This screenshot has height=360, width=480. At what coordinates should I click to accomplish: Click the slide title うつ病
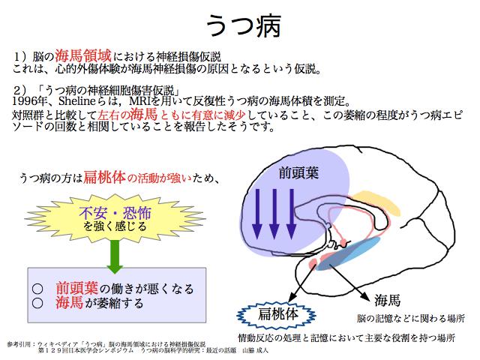click(244, 25)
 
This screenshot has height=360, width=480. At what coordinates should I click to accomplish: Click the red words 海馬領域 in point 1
click(83, 55)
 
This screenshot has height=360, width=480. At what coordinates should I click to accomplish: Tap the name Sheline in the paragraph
click(77, 100)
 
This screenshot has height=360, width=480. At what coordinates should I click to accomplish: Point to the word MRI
click(140, 100)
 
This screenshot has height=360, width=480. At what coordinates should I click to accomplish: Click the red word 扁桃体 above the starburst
click(105, 177)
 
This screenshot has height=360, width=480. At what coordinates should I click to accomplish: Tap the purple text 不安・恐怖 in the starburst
click(115, 213)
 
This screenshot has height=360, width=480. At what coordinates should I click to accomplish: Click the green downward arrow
click(115, 256)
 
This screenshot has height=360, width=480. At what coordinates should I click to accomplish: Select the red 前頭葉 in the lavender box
click(76, 288)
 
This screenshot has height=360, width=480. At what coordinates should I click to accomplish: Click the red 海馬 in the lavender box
click(70, 302)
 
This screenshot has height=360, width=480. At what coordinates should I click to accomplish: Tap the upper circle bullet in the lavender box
click(37, 289)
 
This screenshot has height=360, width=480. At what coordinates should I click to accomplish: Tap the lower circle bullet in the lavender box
click(37, 303)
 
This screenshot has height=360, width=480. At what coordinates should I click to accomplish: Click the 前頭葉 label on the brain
click(298, 172)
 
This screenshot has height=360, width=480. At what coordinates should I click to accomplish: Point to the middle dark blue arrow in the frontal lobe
click(274, 214)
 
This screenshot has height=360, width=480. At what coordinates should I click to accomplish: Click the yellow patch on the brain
click(376, 202)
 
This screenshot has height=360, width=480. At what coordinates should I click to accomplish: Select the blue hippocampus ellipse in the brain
click(349, 253)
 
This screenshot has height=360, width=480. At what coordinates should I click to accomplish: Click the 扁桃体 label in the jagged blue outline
click(277, 314)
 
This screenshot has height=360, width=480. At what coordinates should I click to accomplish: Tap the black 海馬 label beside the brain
click(387, 300)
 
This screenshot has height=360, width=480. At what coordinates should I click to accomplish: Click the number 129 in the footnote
click(53, 350)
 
